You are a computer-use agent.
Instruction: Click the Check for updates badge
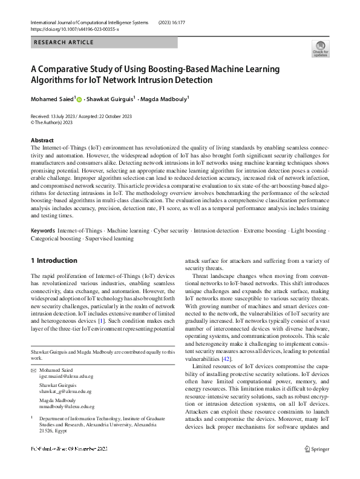point(320,49)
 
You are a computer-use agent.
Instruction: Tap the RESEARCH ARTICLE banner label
point(64,42)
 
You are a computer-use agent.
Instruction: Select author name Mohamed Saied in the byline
point(53,99)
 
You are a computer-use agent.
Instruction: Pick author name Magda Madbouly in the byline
point(165,99)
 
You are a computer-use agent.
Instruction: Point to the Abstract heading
point(42,140)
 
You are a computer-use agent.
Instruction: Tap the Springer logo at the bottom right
point(317,449)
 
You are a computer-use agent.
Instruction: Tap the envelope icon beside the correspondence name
point(33,369)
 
